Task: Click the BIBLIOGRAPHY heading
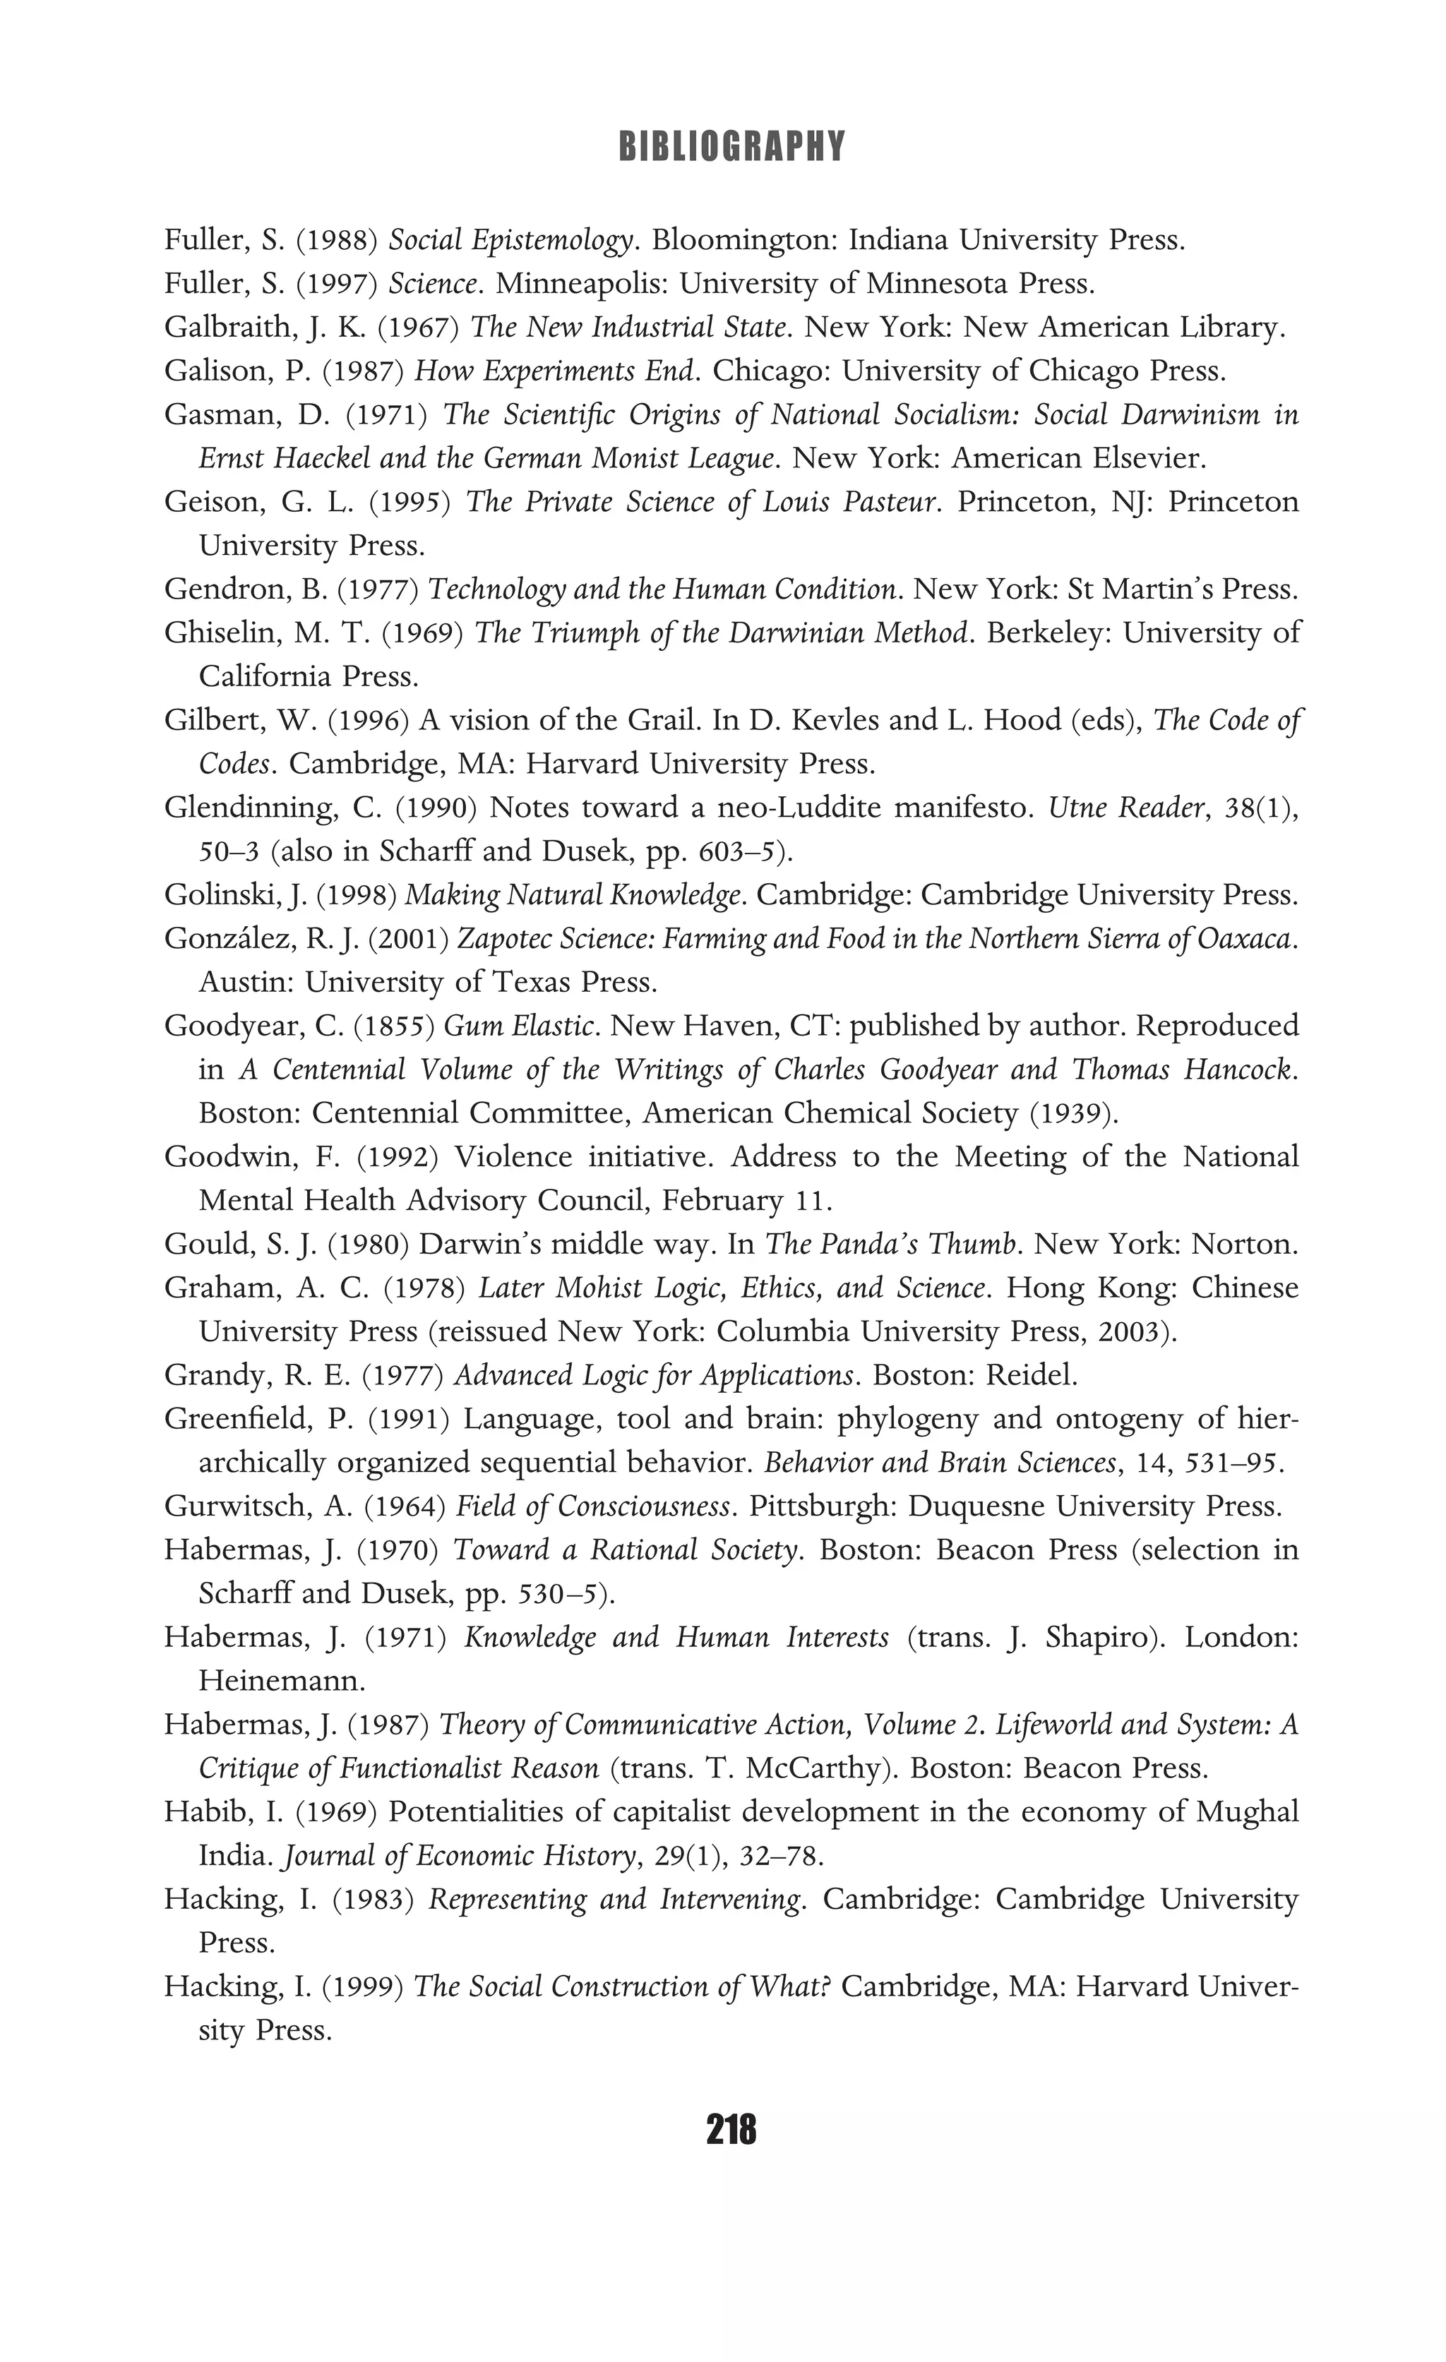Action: tap(731, 147)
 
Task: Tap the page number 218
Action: tap(731, 2130)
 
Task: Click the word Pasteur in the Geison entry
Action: tap(889, 503)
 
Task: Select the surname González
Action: tap(229, 938)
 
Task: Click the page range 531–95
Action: tap(1235, 1463)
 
